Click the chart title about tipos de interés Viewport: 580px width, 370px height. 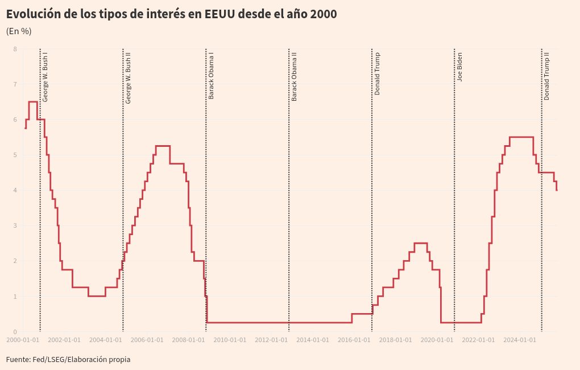click(171, 14)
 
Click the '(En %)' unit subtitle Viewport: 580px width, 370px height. click(19, 31)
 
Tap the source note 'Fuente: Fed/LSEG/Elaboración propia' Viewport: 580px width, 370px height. click(68, 359)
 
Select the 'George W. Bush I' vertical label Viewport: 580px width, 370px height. click(45, 77)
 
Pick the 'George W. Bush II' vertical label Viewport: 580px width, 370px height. click(129, 77)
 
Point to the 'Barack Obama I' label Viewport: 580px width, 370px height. click(211, 76)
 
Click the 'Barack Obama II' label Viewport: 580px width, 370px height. click(294, 76)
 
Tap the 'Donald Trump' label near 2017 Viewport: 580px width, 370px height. click(377, 73)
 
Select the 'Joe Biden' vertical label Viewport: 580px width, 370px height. click(459, 67)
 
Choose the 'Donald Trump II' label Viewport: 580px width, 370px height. click(546, 76)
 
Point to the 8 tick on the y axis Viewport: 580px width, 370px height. click(15, 49)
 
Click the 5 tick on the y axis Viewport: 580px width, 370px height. click(15, 155)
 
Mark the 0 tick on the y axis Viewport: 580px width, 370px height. click(15, 332)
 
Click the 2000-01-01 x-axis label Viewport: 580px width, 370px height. click(23, 340)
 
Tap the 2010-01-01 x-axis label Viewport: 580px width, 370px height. click(230, 340)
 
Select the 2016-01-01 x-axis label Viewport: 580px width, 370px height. click(354, 340)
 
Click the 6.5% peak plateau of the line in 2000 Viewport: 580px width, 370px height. click(33, 102)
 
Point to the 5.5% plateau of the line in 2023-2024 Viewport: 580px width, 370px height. click(521, 137)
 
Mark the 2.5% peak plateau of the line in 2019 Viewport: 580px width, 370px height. click(420, 243)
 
